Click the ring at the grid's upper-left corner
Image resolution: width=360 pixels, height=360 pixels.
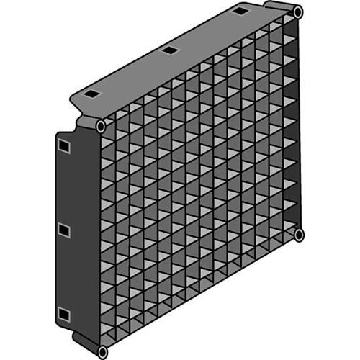[101, 127]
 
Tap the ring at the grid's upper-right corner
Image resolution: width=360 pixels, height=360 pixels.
[298, 12]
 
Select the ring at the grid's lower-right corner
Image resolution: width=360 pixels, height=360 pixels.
[299, 235]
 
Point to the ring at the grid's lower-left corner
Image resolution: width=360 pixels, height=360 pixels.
[102, 351]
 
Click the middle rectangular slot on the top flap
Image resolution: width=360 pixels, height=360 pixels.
[170, 50]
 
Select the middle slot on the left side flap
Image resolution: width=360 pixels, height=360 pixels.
[63, 230]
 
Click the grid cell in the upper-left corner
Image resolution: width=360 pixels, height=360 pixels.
[112, 137]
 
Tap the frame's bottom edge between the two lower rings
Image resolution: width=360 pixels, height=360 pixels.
[202, 294]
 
